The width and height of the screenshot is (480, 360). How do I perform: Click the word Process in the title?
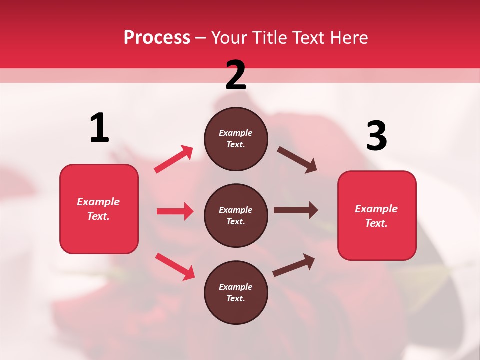tap(157, 37)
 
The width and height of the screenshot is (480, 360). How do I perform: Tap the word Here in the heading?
tap(346, 37)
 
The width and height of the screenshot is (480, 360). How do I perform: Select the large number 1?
tap(99, 128)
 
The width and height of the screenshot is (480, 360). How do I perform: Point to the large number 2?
tap(236, 75)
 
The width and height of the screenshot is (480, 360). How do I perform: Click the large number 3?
tap(376, 136)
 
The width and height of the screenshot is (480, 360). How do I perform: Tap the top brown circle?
tap(236, 139)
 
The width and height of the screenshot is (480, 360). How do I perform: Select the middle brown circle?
tap(236, 215)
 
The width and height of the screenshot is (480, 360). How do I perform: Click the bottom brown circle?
tap(236, 292)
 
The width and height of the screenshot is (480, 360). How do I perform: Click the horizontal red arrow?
tap(175, 211)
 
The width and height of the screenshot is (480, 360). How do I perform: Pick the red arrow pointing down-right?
tap(175, 266)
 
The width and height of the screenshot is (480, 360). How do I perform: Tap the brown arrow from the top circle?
tap(297, 160)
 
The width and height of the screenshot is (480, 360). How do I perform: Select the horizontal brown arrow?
tap(296, 210)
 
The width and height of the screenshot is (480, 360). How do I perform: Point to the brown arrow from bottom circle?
tap(294, 265)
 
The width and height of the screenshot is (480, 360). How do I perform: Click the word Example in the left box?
tap(98, 202)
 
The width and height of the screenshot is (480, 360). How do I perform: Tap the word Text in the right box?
tap(376, 223)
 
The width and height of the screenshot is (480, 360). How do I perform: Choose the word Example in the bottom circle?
tap(236, 287)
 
